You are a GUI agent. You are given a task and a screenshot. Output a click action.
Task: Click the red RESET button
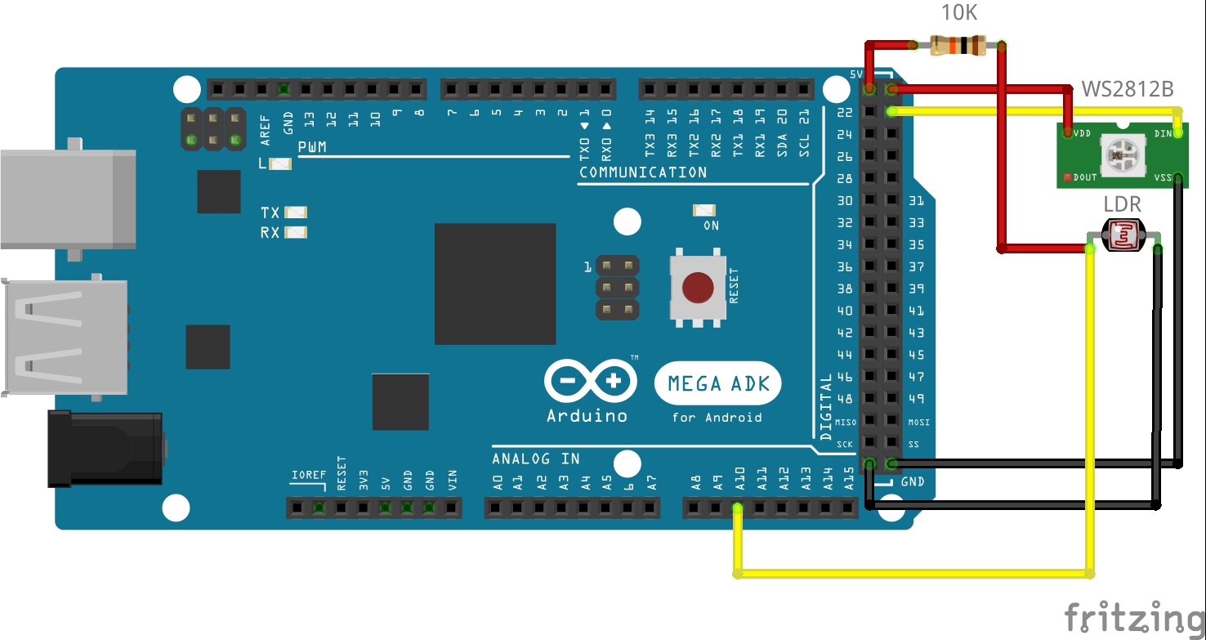click(x=697, y=287)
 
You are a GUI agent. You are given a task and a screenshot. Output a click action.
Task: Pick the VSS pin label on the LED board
click(x=1164, y=176)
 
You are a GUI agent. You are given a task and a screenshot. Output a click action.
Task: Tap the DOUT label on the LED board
click(x=1085, y=177)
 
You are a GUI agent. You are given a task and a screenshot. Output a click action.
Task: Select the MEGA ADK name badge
click(x=718, y=383)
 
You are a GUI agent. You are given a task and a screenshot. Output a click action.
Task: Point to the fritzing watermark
click(x=1134, y=616)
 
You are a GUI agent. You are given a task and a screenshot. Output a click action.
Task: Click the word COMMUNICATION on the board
click(x=643, y=172)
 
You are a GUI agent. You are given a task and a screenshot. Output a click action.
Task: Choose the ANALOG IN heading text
click(x=535, y=459)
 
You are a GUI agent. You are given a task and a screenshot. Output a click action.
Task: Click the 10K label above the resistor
click(x=958, y=12)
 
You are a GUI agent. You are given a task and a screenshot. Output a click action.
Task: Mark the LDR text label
click(x=1122, y=204)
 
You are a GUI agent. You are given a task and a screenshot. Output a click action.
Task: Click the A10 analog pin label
click(x=739, y=479)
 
